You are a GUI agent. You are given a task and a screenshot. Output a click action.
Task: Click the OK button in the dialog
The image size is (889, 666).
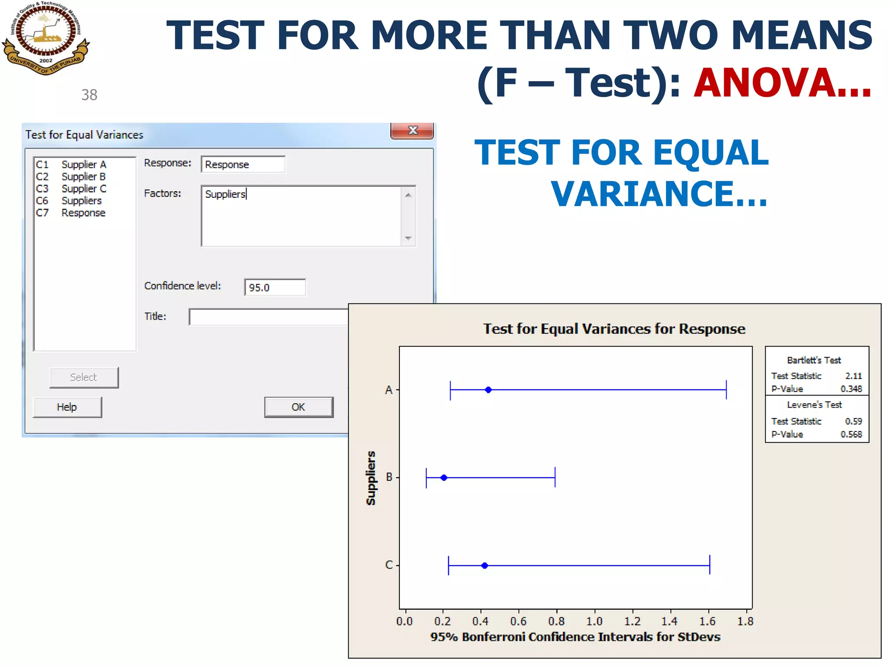click(x=299, y=407)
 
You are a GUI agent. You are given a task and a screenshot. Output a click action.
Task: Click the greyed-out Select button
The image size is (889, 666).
click(x=84, y=377)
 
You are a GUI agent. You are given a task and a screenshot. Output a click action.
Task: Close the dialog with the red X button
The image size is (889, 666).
click(x=412, y=131)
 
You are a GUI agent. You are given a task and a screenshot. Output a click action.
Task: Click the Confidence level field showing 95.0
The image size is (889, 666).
click(x=275, y=287)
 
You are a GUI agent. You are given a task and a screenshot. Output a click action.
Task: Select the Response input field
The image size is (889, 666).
click(x=243, y=164)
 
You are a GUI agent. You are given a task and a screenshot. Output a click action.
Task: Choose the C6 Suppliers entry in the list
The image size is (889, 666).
click(x=81, y=201)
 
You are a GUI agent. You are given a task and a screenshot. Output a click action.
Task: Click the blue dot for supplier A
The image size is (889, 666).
click(x=488, y=390)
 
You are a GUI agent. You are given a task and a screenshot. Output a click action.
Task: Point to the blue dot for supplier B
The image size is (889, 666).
click(x=444, y=478)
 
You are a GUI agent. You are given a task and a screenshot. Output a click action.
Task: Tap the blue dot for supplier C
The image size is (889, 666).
click(x=485, y=565)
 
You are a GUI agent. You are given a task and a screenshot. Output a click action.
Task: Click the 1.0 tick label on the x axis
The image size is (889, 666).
click(x=594, y=621)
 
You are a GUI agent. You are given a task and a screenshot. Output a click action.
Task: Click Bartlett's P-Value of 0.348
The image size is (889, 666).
click(x=851, y=389)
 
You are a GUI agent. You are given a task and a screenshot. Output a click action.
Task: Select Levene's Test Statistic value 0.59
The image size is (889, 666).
click(x=853, y=421)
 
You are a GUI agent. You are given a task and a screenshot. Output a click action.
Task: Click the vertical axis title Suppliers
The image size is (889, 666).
click(x=371, y=478)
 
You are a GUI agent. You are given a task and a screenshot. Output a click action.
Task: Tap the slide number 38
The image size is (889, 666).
click(x=89, y=95)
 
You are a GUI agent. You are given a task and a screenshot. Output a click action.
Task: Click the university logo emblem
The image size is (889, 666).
click(x=46, y=38)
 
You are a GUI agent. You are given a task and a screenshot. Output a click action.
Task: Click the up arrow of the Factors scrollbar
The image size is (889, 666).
click(x=408, y=195)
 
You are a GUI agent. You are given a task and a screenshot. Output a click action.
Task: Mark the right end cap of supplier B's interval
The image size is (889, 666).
click(x=555, y=478)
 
